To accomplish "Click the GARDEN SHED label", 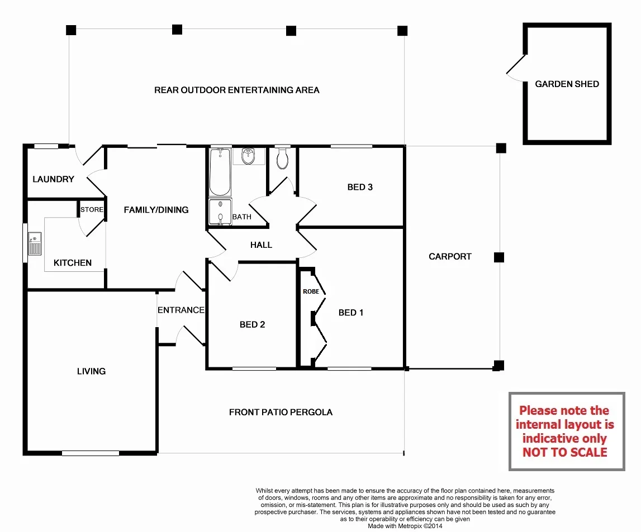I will coord(567,84).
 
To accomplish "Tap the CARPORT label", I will coord(450,257).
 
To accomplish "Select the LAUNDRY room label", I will coord(53,179).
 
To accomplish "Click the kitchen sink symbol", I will coord(35,243).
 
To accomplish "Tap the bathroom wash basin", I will coord(248,157).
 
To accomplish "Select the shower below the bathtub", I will coord(220,213).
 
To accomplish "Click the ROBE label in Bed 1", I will coord(311,291).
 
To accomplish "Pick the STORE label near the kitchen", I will coord(92,210).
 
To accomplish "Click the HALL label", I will coord(261,245).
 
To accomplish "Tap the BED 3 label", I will coord(360,187).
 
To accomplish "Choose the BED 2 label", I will coord(252,324).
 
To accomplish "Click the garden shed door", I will coord(515,68).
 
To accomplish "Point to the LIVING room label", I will coord(91,371).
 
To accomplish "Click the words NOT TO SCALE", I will coord(564,453).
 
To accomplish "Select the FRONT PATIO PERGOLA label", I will coord(281,413).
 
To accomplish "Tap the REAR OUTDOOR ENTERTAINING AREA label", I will coord(237,90).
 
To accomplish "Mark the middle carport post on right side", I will coord(499,257).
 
